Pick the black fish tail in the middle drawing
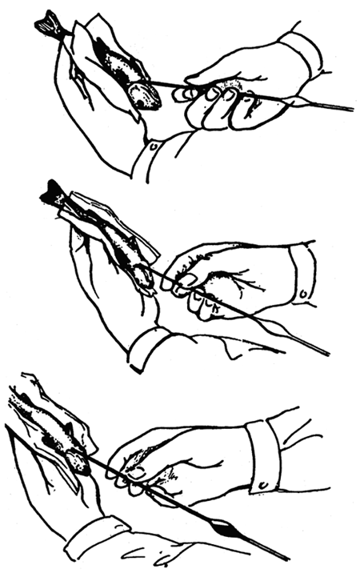click(x=54, y=193)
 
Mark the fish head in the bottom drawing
click(x=76, y=461)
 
